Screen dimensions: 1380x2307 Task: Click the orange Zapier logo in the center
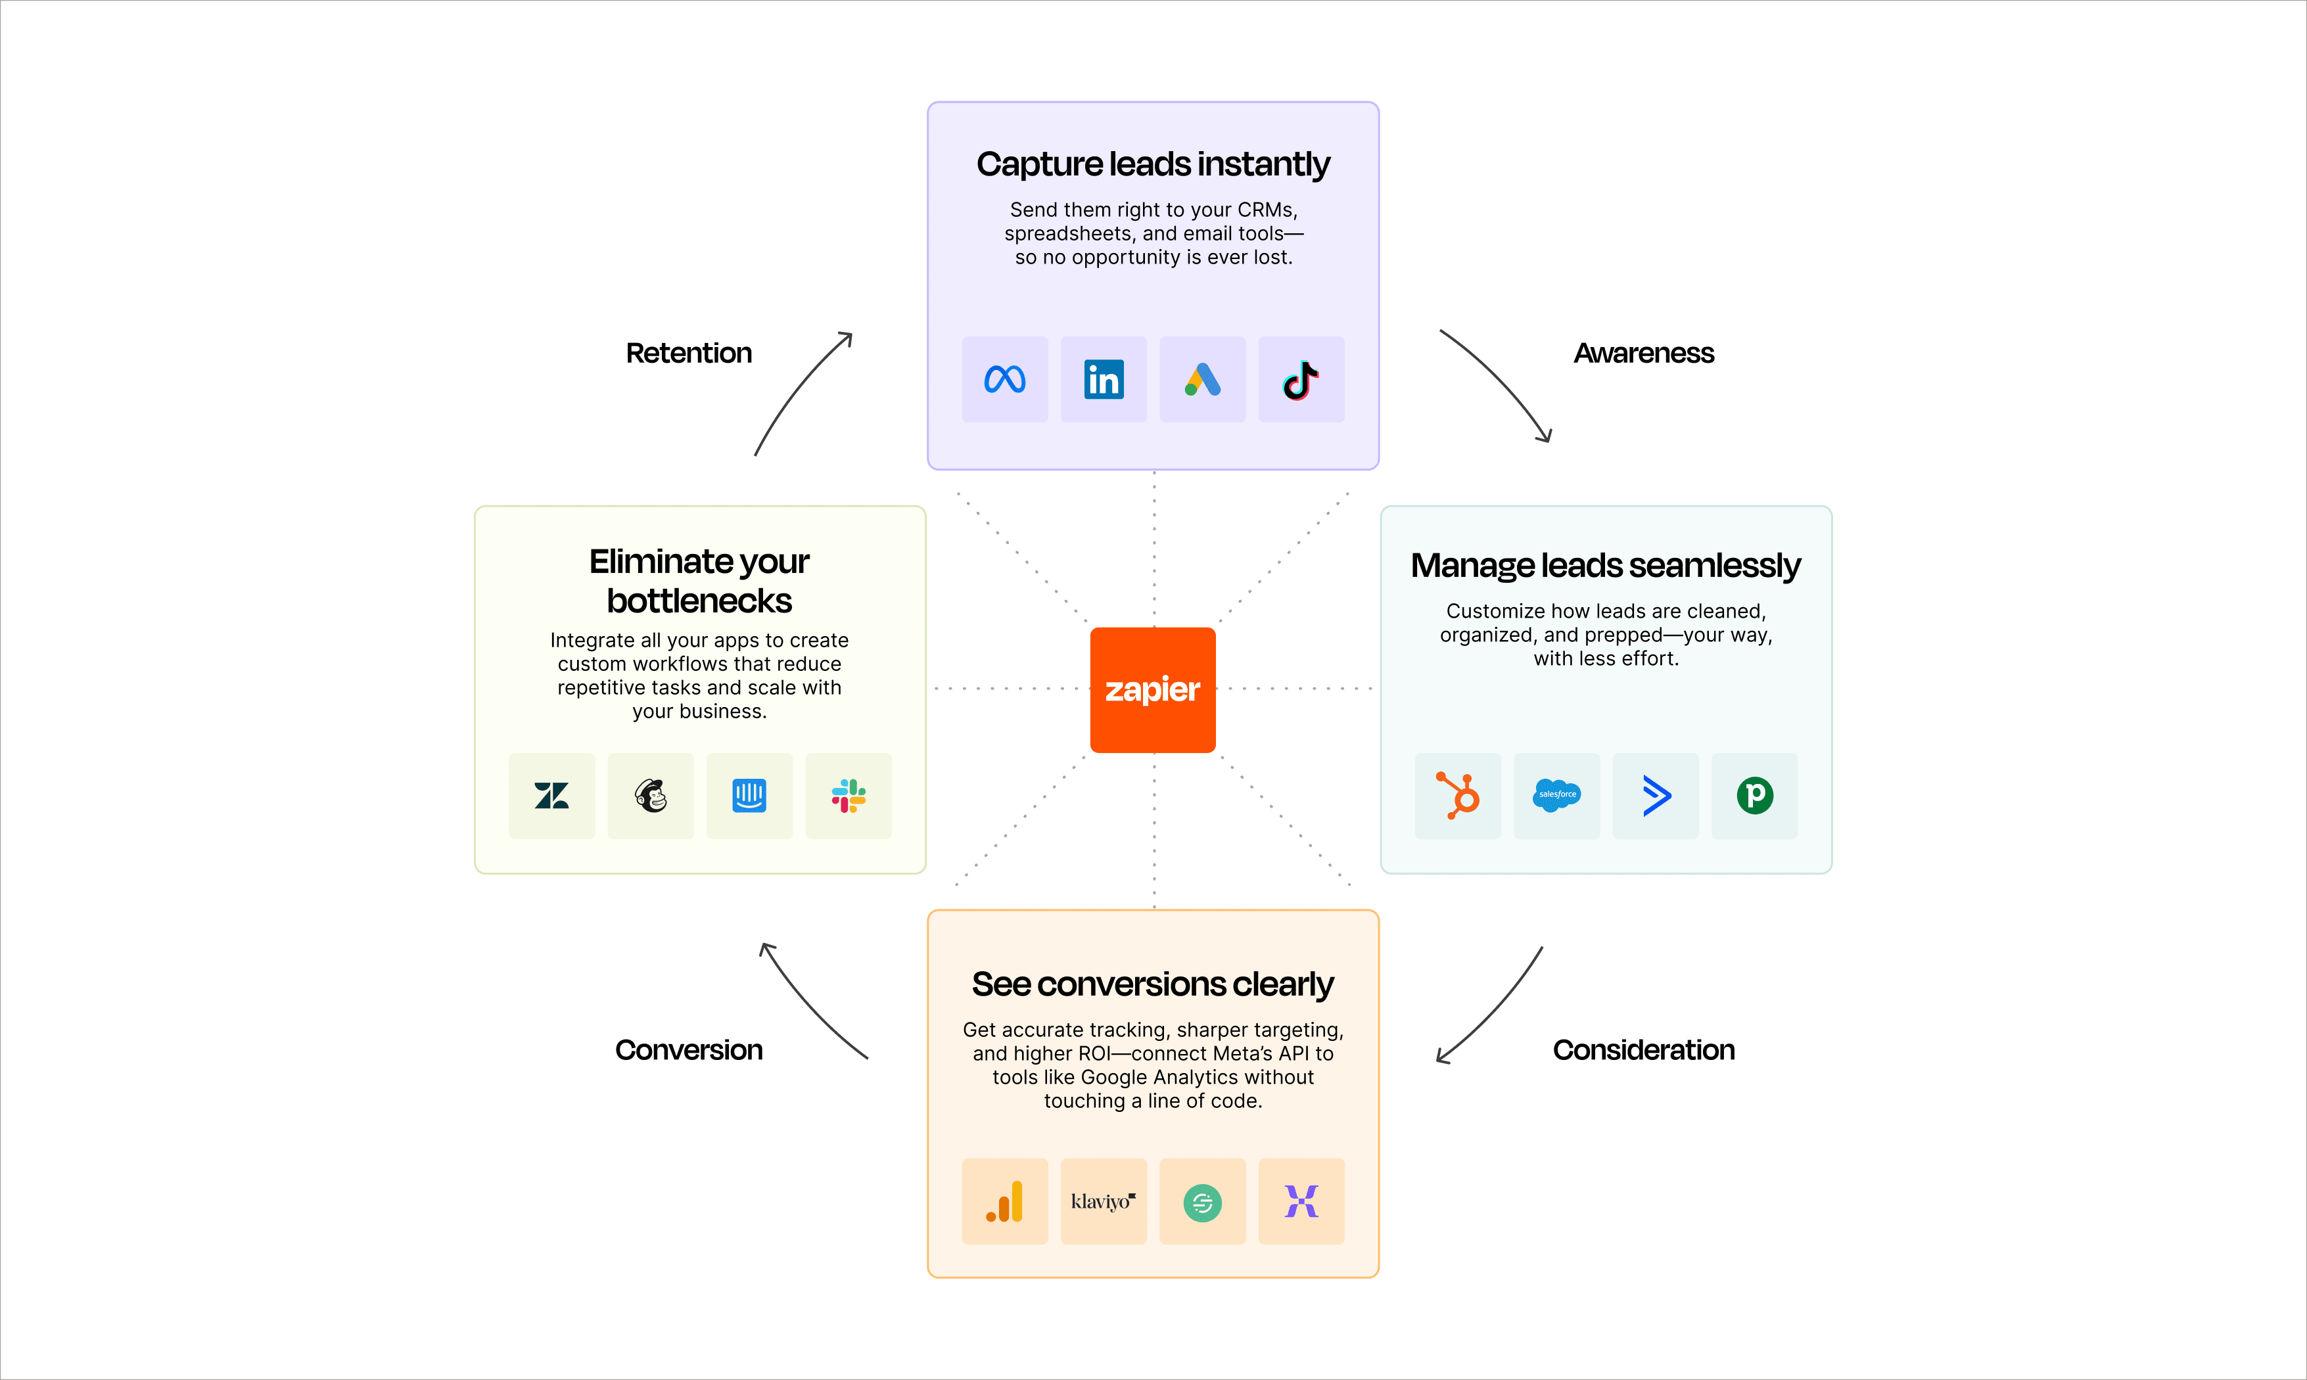tap(1152, 690)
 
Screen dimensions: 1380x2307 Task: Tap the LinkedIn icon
tap(1104, 379)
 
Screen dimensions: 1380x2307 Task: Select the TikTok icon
tap(1301, 379)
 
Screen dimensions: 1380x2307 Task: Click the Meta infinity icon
tap(1004, 379)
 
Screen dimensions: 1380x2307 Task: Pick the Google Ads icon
tap(1202, 379)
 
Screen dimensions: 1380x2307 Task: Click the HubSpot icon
tap(1457, 796)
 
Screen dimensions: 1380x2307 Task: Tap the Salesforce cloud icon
tap(1556, 796)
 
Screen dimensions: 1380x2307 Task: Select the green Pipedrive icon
tap(1755, 796)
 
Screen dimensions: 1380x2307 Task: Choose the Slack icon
tap(848, 796)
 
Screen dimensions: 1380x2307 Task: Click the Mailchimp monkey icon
tap(651, 796)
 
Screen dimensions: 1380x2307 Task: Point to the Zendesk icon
tap(551, 796)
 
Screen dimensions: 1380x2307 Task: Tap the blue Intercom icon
tap(749, 796)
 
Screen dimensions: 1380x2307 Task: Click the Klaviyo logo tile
tap(1104, 1201)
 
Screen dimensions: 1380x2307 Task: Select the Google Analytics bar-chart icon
tap(1004, 1201)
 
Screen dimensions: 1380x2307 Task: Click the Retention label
tap(688, 354)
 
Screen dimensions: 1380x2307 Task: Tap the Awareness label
tap(1643, 354)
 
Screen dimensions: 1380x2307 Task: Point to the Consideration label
tap(1643, 1050)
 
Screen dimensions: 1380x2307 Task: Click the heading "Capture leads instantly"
tap(1153, 164)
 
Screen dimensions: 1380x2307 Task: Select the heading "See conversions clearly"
tap(1153, 984)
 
